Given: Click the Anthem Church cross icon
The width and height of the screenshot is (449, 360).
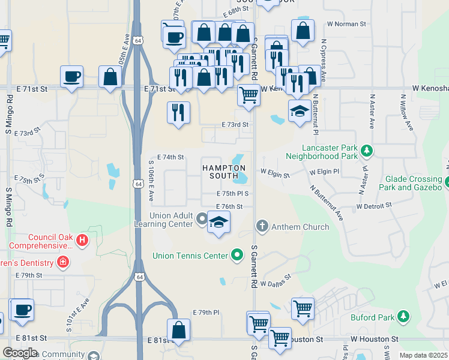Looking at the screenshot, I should point(262,226).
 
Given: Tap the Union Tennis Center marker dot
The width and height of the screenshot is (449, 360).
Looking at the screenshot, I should point(238,256).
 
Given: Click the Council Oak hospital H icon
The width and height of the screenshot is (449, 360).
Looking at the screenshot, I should point(83,241).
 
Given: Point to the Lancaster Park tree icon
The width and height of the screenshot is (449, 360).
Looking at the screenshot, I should point(366,152).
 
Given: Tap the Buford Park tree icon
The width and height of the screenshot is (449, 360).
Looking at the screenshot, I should point(405,316).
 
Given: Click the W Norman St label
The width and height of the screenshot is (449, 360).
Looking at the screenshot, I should point(346,24).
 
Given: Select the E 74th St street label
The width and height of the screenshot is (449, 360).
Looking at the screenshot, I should point(170,157).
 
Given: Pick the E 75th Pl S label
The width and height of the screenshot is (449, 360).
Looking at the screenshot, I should point(232,194).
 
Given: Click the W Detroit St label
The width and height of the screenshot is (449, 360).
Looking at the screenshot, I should point(373,205).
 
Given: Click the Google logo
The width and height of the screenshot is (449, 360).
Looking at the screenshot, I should point(19,353).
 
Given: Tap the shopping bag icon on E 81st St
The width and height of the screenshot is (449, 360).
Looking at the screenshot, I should point(178,329).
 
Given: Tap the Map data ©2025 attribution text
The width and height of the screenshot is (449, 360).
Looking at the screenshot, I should point(423,355).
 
